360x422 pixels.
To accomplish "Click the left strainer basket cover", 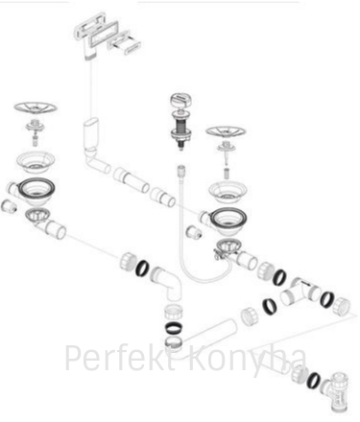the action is click(36, 107).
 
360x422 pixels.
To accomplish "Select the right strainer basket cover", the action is click(226, 131).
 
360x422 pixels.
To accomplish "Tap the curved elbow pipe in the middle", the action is click(167, 284).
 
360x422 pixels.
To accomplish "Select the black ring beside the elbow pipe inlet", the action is click(141, 268).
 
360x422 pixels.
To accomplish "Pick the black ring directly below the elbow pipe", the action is click(174, 328).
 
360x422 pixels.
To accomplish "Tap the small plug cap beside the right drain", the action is click(194, 232).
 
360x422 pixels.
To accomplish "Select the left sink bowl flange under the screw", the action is click(36, 162).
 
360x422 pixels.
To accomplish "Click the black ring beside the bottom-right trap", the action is click(313, 381).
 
